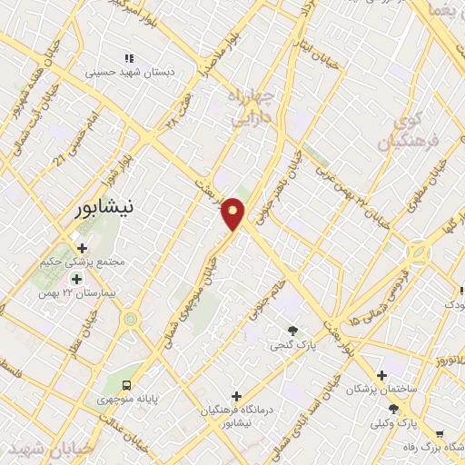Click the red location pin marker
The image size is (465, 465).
[234, 213]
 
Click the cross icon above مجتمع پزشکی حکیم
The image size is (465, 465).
[82, 247]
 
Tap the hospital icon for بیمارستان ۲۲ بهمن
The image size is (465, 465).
[76, 279]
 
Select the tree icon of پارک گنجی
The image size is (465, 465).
[292, 331]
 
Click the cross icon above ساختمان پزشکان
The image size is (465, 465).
[382, 374]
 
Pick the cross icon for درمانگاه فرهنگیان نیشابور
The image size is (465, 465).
[237, 396]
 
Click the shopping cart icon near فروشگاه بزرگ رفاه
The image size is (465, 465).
[440, 434]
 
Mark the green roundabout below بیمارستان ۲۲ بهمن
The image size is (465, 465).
[132, 320]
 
